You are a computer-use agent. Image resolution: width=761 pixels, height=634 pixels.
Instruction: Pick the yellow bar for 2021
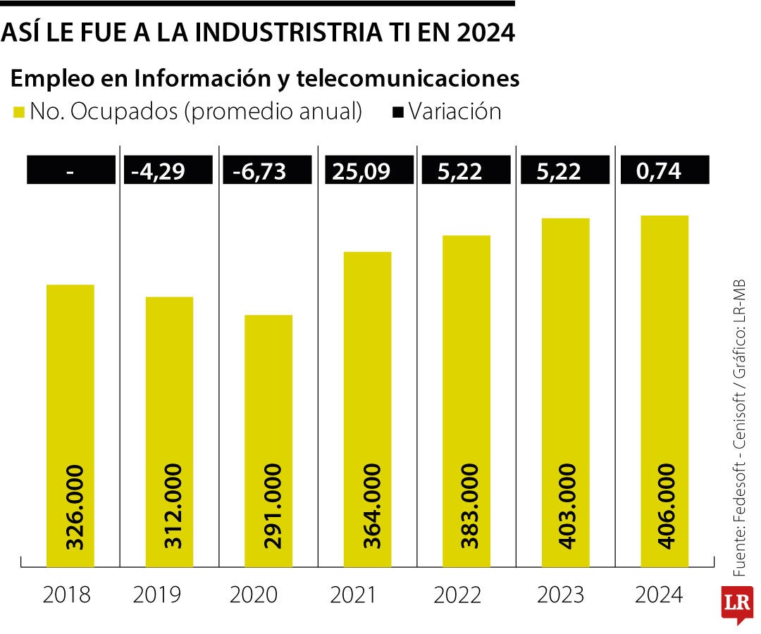(367, 409)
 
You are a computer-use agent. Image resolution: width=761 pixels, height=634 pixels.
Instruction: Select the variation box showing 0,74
(664, 170)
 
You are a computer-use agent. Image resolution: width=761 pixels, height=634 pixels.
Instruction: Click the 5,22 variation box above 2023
(564, 170)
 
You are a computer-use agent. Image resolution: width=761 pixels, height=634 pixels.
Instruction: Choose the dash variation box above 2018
(70, 170)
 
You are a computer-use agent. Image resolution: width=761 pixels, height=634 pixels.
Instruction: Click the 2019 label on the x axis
(156, 595)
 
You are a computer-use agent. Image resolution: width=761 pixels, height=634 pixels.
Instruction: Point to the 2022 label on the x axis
(457, 595)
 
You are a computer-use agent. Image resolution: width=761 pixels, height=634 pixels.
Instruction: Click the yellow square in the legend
(18, 112)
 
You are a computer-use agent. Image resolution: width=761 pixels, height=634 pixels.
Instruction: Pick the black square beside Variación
(397, 112)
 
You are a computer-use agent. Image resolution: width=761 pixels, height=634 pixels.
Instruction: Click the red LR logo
(736, 604)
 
